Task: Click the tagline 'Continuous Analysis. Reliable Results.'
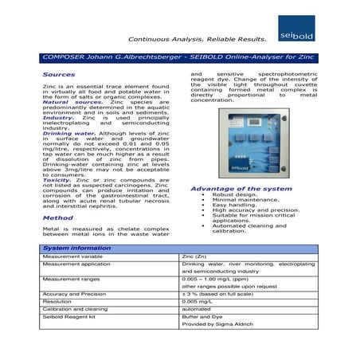pyautogui.click(x=197, y=38)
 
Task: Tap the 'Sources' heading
pyautogui.click(x=57, y=73)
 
